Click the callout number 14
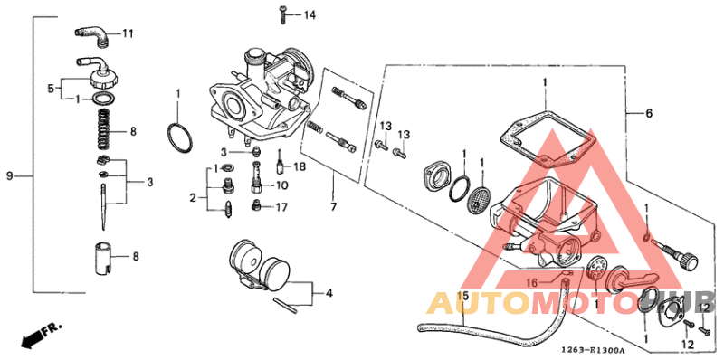pos(310,15)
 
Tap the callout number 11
pos(128,34)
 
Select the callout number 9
pos(10,175)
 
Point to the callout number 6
pos(648,114)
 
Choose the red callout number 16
pos(532,281)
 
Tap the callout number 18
pos(300,167)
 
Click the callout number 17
pos(281,207)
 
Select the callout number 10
pos(281,185)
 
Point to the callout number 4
pos(329,293)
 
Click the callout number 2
pos(192,197)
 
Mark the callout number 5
pos(52,89)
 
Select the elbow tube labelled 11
pos(93,34)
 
